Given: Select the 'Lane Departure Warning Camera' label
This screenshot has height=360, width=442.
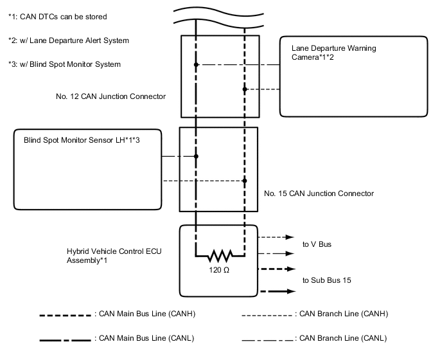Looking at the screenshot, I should click(x=333, y=53).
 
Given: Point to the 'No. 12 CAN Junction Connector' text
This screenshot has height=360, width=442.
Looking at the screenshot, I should click(x=111, y=96).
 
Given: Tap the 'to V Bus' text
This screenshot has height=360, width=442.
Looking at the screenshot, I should click(x=317, y=244).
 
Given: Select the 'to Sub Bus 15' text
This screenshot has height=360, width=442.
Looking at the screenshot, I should click(x=327, y=280).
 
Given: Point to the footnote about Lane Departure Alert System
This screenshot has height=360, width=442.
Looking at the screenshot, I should click(x=69, y=40).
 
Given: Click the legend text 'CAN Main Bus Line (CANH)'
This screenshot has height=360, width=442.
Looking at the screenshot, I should click(x=146, y=314).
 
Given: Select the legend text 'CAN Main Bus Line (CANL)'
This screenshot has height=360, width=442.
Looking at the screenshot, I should click(x=146, y=337).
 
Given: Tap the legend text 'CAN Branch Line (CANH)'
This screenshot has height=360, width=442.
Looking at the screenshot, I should click(x=343, y=314).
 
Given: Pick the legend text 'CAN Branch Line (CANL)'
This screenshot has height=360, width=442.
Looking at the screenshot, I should click(x=343, y=337).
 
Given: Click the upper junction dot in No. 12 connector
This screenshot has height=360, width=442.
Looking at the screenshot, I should click(x=196, y=64).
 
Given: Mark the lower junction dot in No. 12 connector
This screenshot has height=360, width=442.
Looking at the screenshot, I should click(x=244, y=89).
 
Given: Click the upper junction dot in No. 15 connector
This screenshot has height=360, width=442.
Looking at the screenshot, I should click(x=196, y=156).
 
